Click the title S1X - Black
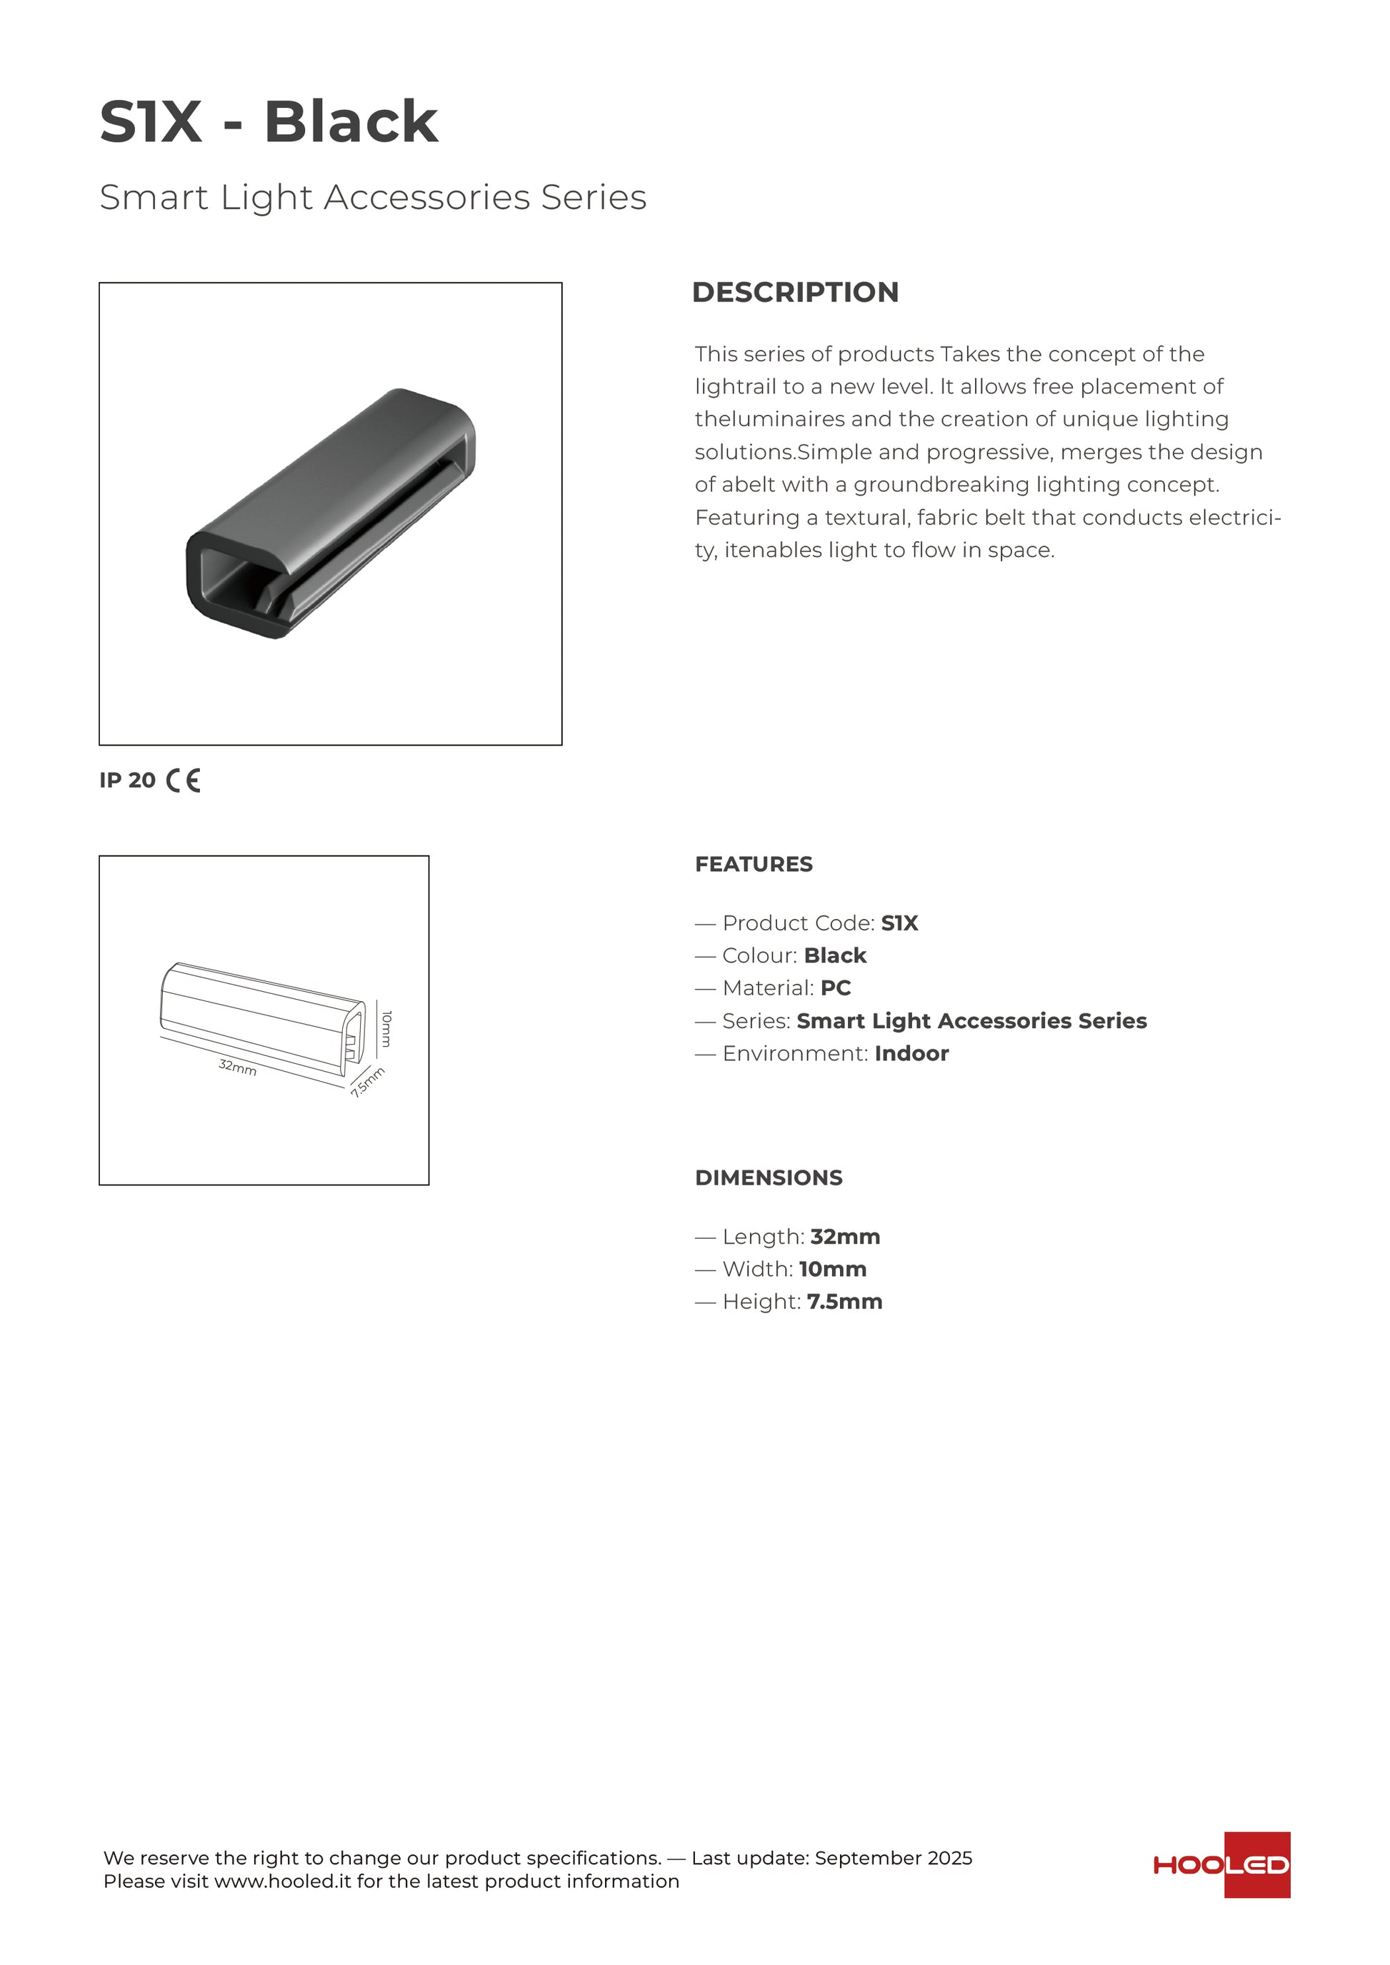coord(269,121)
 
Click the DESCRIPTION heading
coord(794,292)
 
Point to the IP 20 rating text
coord(128,780)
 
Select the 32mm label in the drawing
coord(237,1067)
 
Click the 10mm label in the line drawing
coord(386,1028)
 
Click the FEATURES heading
coord(753,865)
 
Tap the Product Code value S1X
coord(899,923)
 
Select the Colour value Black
coord(834,956)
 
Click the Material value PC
coord(836,988)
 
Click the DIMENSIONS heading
coord(768,1177)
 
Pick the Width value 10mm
coord(832,1270)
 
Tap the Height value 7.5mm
coord(844,1302)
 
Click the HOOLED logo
coord(1221,1865)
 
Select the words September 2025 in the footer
coord(893,1858)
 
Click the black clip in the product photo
coord(329,513)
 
